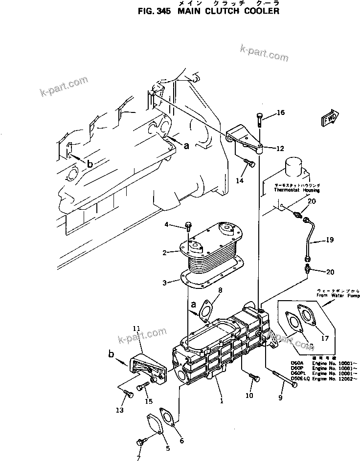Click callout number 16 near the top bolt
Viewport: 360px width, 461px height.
point(280,113)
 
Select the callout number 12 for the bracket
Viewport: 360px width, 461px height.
point(279,149)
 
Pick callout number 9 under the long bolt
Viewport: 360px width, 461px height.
point(280,398)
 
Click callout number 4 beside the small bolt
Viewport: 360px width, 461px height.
point(166,224)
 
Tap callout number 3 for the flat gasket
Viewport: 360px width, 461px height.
point(165,282)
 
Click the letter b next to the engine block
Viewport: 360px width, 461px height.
point(90,164)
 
